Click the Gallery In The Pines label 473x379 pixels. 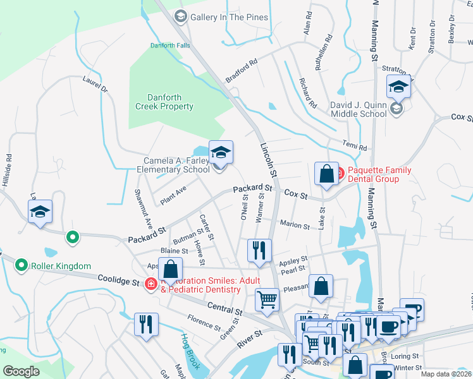click(x=229, y=17)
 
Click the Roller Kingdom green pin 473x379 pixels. click(x=22, y=265)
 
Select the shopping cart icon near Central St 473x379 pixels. click(x=267, y=299)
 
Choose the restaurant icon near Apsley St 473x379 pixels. click(x=259, y=250)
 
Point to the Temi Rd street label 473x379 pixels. click(x=355, y=147)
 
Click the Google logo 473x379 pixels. click(x=21, y=371)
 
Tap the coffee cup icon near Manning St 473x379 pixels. click(x=412, y=310)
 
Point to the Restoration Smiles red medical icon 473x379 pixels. click(x=151, y=284)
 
